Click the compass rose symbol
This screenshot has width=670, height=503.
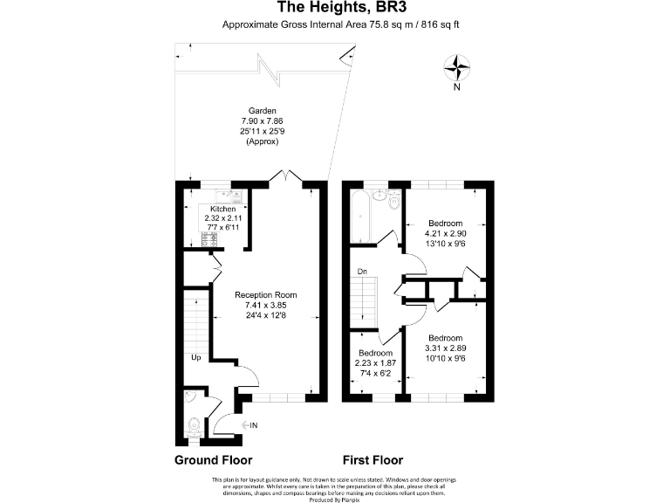click(x=457, y=66)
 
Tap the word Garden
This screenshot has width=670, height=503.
click(x=263, y=111)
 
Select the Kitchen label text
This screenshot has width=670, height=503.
click(x=222, y=210)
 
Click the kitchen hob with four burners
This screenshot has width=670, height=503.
click(x=210, y=238)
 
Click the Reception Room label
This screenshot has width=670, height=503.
click(x=266, y=295)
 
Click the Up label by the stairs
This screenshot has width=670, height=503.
click(x=197, y=357)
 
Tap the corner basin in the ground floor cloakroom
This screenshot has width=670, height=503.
click(x=193, y=396)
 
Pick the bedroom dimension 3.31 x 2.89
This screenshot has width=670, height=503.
click(x=445, y=348)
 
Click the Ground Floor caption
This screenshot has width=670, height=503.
click(x=214, y=460)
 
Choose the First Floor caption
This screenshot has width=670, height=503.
click(x=372, y=460)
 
